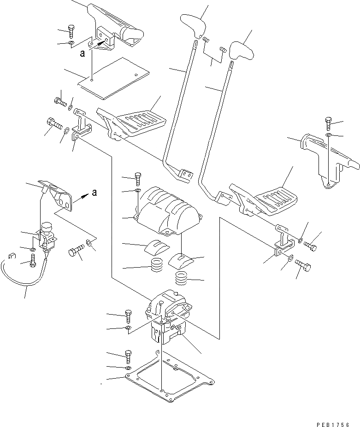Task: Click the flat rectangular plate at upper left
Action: [113, 77]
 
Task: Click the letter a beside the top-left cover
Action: [82, 53]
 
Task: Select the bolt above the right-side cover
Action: [328, 123]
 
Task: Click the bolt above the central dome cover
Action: [138, 178]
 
